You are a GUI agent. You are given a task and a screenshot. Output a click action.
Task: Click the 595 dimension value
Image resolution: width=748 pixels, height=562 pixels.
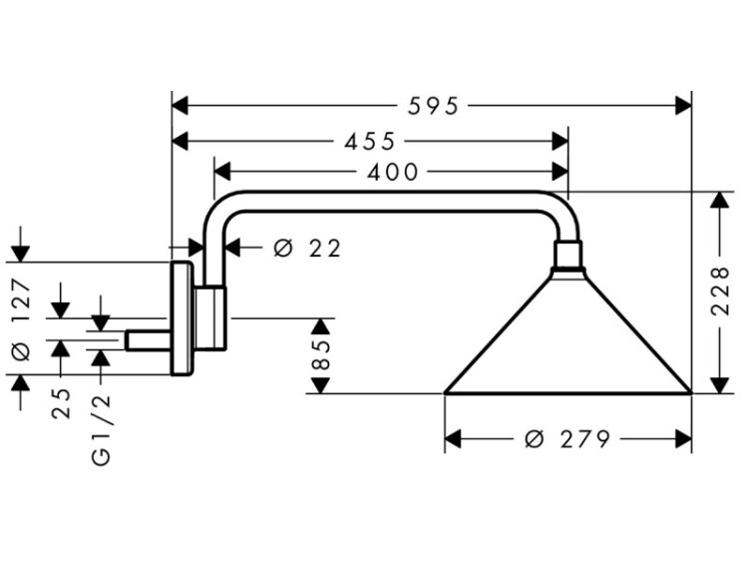[431, 105]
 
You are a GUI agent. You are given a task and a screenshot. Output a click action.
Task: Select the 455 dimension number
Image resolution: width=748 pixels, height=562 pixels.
[370, 140]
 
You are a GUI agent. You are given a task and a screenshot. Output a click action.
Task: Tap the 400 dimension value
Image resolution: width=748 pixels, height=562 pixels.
[392, 172]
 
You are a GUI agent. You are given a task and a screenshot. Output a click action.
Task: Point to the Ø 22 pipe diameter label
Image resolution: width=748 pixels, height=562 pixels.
[307, 248]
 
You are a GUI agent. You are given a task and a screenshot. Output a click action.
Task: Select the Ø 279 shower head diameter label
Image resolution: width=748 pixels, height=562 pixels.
[566, 438]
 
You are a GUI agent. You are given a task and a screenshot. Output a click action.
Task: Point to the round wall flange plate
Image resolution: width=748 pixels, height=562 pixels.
[181, 319]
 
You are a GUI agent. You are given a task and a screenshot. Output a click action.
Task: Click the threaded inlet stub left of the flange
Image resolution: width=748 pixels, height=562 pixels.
[147, 340]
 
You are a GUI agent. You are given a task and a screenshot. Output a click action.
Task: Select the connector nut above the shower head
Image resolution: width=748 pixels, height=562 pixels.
[567, 258]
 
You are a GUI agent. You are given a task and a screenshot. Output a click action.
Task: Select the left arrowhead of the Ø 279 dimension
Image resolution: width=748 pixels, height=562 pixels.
[452, 438]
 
